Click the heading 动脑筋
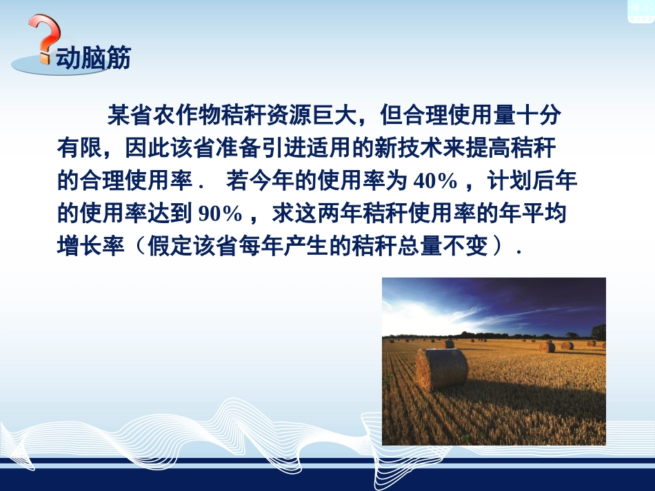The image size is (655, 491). (93, 59)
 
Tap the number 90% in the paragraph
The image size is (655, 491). (220, 214)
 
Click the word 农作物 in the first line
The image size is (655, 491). (194, 115)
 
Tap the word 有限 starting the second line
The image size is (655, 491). (74, 148)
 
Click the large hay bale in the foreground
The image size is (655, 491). (442, 369)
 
